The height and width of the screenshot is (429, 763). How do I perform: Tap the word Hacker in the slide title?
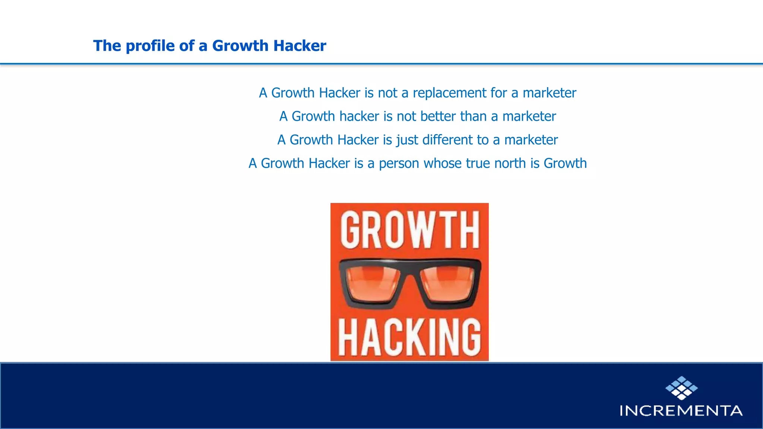pyautogui.click(x=300, y=46)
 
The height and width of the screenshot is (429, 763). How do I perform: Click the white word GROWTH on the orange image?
pyautogui.click(x=409, y=230)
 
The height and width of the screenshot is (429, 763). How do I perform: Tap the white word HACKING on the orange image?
pyautogui.click(x=409, y=337)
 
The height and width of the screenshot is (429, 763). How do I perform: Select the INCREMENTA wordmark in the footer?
pyautogui.click(x=681, y=411)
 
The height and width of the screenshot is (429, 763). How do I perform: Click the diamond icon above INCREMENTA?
pyautogui.click(x=681, y=388)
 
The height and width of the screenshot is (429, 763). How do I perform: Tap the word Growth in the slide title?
pyautogui.click(x=240, y=46)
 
